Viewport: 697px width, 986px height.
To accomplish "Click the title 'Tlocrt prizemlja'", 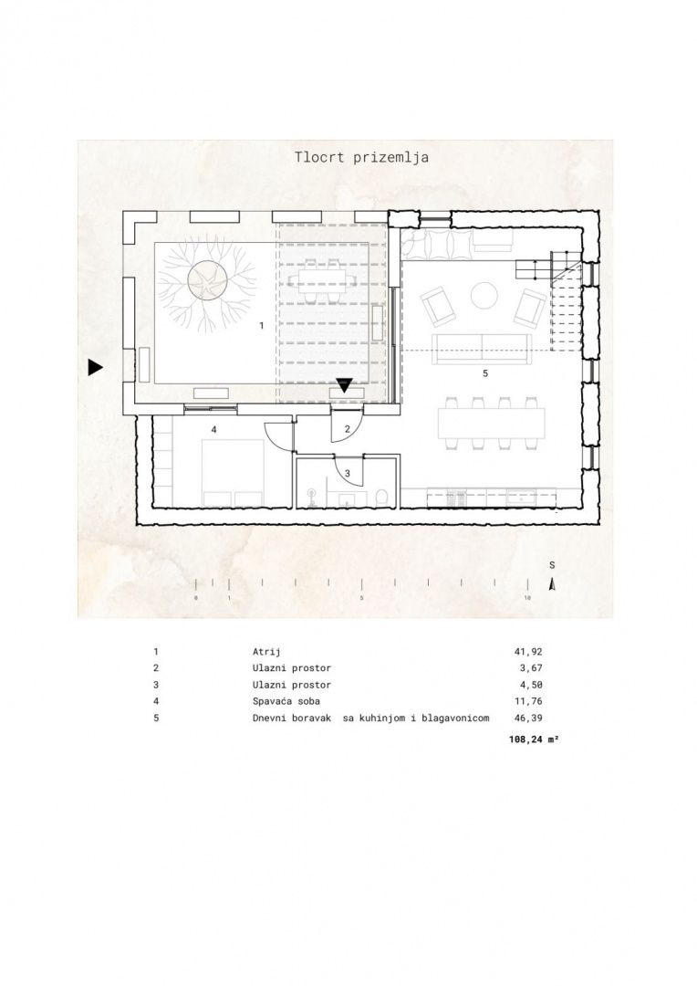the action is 361,157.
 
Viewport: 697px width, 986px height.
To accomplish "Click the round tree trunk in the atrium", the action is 207,282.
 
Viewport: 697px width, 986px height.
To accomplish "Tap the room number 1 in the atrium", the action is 262,326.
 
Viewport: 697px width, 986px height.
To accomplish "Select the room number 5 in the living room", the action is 485,373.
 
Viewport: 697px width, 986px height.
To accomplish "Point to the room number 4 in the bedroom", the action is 213,429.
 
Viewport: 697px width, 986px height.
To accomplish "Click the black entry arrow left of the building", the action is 95,367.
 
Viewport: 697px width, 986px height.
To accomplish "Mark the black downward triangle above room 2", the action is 345,385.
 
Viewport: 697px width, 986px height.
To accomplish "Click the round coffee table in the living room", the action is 484,296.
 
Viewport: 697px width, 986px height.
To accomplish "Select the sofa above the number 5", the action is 482,349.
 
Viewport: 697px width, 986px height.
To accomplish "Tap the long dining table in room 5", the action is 494,424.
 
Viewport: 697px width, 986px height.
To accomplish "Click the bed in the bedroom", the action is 233,473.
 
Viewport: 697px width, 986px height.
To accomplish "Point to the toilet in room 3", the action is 380,498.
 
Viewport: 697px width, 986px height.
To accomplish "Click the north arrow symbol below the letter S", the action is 552,585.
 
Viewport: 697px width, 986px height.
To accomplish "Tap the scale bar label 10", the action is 527,597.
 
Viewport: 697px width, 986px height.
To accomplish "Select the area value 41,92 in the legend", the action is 528,652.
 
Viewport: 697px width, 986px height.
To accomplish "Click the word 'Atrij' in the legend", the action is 265,652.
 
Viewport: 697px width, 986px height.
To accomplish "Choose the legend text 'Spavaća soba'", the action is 286,701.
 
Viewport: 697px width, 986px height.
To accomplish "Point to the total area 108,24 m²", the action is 534,740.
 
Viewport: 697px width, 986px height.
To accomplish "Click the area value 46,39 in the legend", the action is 528,719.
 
